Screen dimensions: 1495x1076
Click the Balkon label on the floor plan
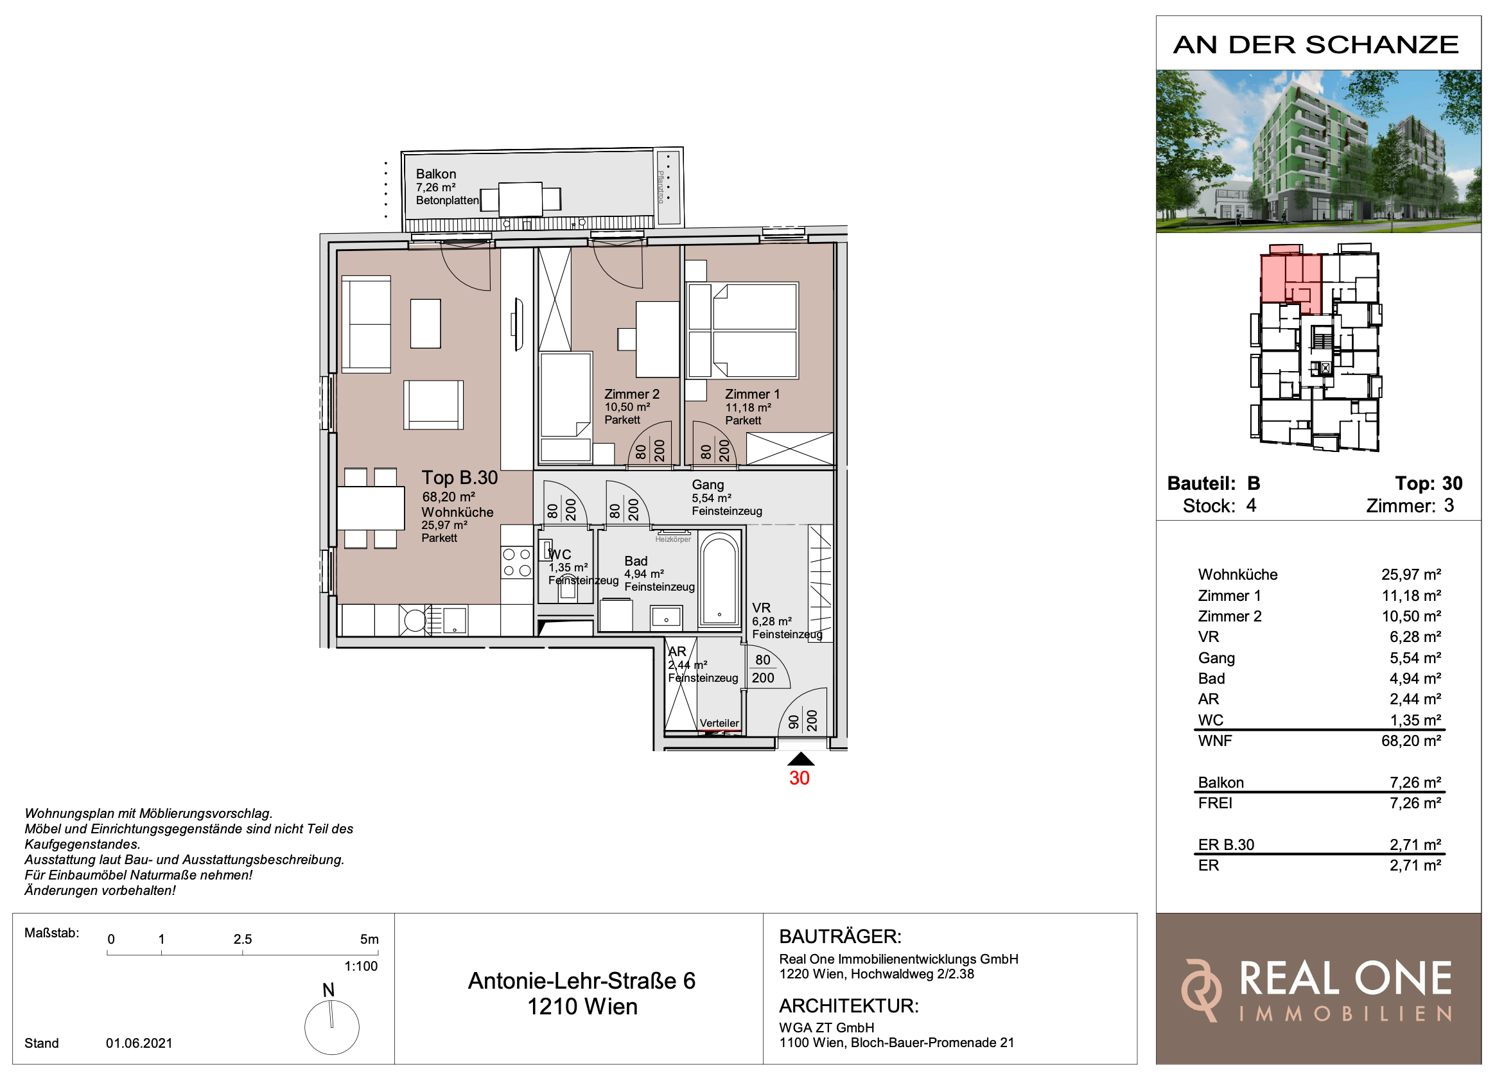[435, 174]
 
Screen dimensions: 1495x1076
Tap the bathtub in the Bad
[719, 579]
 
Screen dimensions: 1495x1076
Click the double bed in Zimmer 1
[742, 331]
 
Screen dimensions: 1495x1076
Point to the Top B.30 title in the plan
[459, 478]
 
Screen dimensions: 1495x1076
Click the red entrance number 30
[799, 778]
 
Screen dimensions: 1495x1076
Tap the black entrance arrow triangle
[801, 759]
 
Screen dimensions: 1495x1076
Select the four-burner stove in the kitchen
[517, 562]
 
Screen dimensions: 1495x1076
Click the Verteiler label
[719, 723]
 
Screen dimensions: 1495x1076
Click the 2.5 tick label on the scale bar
[243, 939]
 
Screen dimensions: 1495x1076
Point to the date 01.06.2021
[139, 1043]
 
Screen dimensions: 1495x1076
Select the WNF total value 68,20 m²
[1411, 741]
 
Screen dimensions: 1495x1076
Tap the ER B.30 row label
[1225, 845]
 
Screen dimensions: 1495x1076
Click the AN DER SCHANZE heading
[1316, 45]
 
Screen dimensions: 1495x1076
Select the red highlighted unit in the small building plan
[1290, 279]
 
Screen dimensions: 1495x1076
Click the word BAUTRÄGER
[840, 936]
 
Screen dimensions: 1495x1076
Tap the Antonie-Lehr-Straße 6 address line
[581, 981]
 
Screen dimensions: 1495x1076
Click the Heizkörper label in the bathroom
[673, 539]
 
